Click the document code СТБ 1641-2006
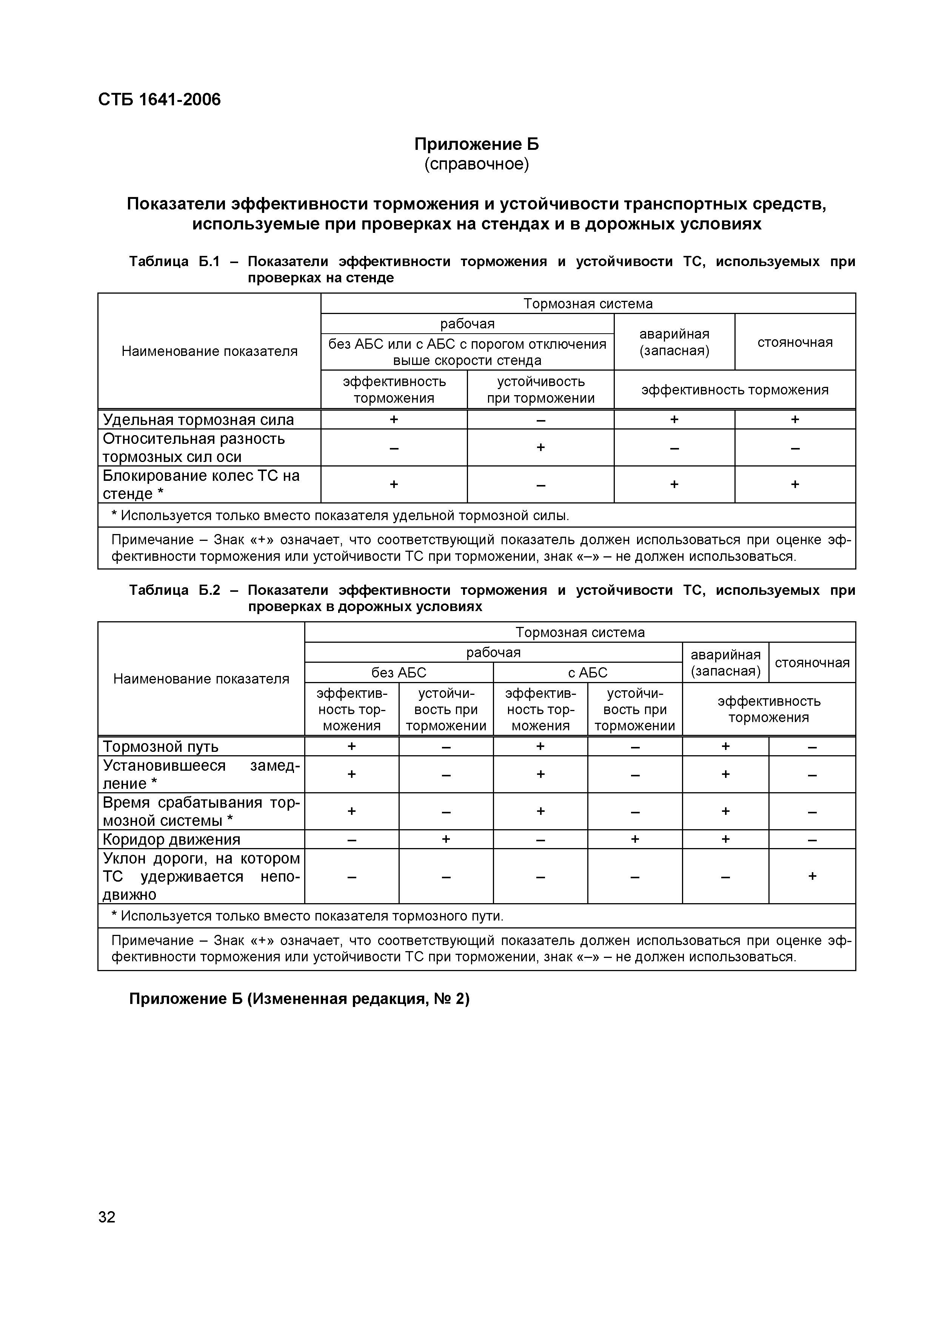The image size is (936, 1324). point(159,100)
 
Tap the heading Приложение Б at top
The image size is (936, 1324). point(476,143)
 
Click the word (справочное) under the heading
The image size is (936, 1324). point(476,164)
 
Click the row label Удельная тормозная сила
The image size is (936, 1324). point(198,419)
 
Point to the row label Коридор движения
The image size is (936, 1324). point(171,839)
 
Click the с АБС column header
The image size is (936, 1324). point(587,673)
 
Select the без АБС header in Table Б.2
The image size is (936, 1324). point(399,673)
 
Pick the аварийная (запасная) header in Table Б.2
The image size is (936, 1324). point(725,663)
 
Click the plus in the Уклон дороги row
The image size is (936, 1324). point(811,876)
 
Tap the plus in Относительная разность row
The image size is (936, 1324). point(540,447)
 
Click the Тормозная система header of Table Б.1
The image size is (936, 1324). point(587,303)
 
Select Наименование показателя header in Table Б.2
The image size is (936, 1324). point(201,679)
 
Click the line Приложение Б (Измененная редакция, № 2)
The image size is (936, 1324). point(299,999)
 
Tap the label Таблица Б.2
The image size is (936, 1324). point(174,590)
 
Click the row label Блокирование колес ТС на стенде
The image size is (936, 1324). point(201,484)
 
